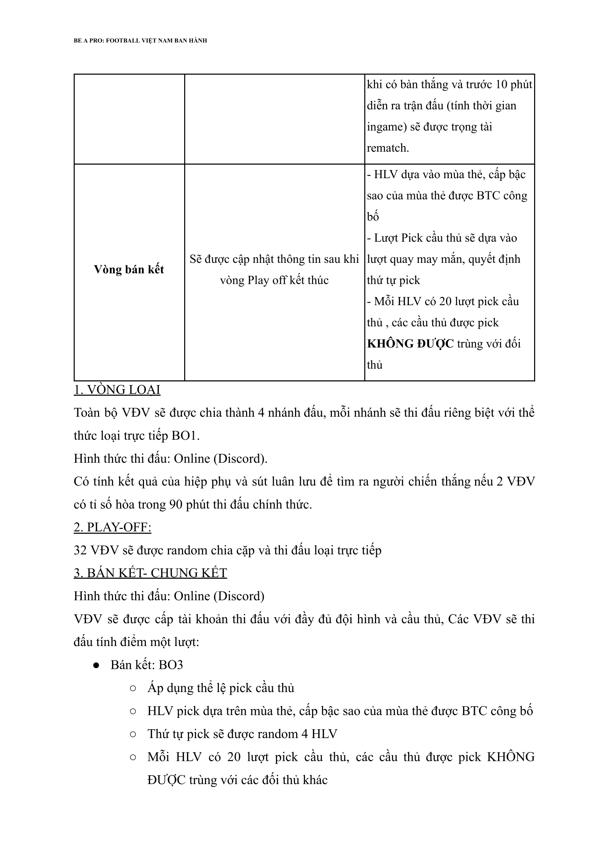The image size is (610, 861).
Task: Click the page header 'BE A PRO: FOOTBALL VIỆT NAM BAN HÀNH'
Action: click(x=140, y=40)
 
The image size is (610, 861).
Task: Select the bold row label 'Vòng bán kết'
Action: click(x=129, y=269)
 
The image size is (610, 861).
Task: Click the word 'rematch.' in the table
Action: click(x=388, y=148)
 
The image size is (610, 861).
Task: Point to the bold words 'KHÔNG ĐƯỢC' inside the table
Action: click(x=410, y=343)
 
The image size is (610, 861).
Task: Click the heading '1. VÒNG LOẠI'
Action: click(x=117, y=390)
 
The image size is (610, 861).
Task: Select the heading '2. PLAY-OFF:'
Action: click(x=112, y=527)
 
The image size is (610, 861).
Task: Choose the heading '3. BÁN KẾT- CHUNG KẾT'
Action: click(x=150, y=573)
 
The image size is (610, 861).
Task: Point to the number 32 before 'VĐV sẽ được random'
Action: click(x=80, y=550)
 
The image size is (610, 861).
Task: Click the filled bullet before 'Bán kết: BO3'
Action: click(x=96, y=665)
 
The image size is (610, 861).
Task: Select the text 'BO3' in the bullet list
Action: click(x=171, y=665)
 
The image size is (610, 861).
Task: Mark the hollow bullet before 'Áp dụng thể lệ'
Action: click(x=133, y=688)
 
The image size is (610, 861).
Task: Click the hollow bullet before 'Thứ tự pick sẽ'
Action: click(x=133, y=734)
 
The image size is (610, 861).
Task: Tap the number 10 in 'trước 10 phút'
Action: click(x=501, y=84)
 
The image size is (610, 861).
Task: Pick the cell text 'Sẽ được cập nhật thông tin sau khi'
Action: click(x=274, y=259)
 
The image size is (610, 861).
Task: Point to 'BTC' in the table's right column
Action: click(x=488, y=195)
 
